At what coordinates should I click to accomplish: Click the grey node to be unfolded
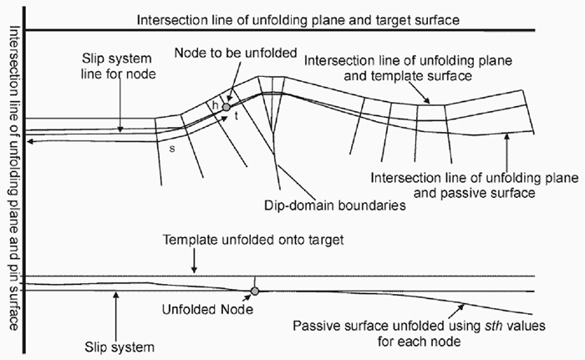226,107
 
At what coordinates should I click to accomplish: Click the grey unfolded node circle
254,291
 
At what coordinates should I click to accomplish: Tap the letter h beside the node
216,105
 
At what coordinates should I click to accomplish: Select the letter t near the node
237,116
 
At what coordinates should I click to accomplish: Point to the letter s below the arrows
172,149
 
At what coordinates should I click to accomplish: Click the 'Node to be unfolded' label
236,53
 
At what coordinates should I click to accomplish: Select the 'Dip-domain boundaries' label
334,205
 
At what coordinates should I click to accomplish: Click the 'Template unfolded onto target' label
253,240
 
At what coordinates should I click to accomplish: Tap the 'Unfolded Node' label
207,309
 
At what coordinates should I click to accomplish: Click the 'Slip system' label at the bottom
120,347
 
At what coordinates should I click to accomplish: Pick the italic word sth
492,326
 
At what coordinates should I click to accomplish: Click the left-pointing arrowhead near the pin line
31,142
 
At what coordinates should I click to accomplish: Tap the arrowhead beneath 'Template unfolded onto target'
194,270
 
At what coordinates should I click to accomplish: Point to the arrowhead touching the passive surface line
506,137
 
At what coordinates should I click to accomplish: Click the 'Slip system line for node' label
118,66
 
